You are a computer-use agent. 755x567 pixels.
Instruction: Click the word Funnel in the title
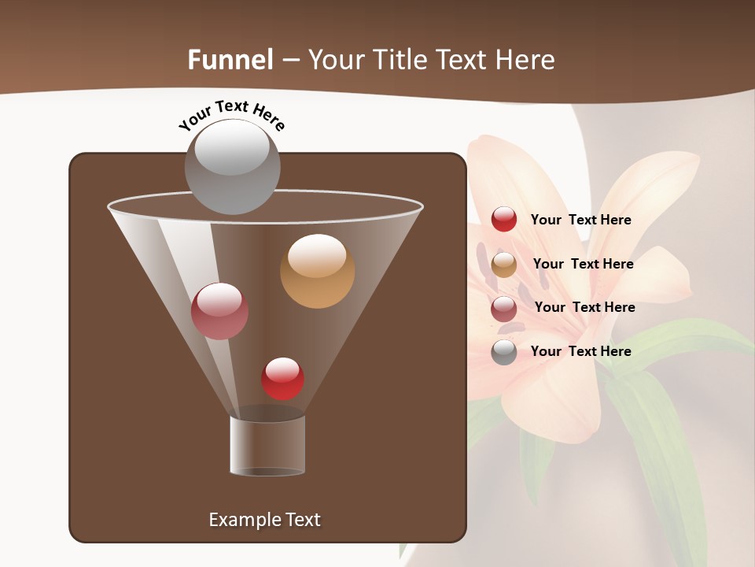(x=230, y=60)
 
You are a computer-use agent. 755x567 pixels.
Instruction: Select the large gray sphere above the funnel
(x=232, y=166)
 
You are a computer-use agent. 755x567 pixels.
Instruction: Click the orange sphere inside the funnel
(x=317, y=271)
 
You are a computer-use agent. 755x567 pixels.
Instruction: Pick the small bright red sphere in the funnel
(x=282, y=379)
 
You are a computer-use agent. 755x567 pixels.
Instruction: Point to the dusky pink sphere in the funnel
(x=219, y=311)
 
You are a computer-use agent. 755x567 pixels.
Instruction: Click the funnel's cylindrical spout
(x=267, y=445)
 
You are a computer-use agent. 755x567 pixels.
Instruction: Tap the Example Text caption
(x=264, y=520)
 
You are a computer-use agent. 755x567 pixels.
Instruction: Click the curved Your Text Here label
(x=231, y=115)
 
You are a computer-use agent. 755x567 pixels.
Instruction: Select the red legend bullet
(x=504, y=219)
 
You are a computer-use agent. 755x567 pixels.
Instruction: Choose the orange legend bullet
(x=504, y=265)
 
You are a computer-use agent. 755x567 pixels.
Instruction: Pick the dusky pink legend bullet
(x=504, y=309)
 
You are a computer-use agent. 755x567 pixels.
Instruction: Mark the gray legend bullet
(x=504, y=352)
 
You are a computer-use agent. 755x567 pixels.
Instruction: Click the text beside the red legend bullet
(x=580, y=220)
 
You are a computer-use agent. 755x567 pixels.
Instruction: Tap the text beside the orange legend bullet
(x=583, y=264)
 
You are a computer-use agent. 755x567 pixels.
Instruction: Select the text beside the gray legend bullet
(x=580, y=351)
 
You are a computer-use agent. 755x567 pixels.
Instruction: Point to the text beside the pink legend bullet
(x=584, y=307)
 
